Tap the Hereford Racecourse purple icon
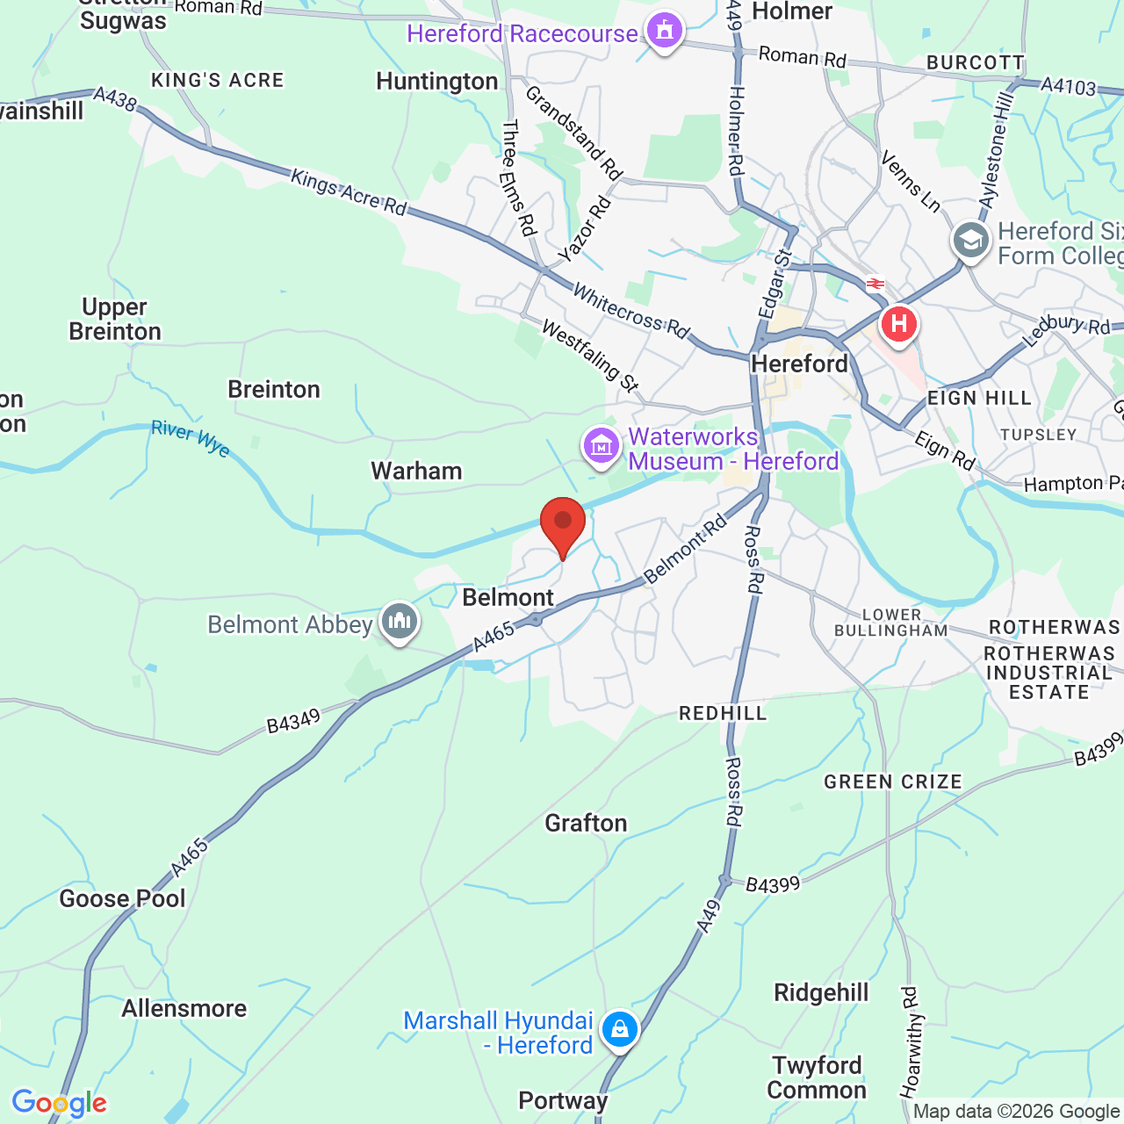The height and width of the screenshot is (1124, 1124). click(665, 32)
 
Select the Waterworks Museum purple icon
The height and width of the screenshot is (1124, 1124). click(602, 447)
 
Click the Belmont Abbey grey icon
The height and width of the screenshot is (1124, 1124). click(400, 622)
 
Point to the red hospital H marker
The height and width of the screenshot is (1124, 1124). click(898, 324)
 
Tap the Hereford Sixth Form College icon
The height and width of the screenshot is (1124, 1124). click(971, 241)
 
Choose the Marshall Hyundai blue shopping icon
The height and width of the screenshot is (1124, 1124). click(620, 1029)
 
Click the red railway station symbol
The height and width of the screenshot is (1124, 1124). click(875, 284)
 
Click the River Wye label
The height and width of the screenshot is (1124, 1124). click(191, 438)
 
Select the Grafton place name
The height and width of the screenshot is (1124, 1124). click(586, 823)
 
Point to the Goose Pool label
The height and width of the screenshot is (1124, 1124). click(122, 898)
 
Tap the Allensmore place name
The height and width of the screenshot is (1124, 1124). click(184, 1008)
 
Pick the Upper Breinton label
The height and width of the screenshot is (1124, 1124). click(115, 320)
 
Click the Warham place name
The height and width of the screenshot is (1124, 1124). click(416, 471)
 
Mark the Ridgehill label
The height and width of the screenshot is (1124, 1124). click(821, 992)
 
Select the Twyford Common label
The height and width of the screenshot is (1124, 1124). click(817, 1077)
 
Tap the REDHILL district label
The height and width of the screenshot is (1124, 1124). click(723, 713)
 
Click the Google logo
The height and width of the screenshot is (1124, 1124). click(59, 1103)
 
